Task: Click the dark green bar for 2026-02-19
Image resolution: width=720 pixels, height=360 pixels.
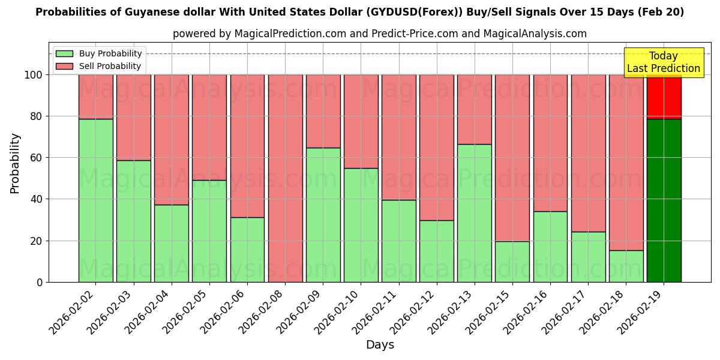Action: [664, 200]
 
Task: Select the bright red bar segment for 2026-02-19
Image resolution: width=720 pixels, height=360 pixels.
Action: [664, 97]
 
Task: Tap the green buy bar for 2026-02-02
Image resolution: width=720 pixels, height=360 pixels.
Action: [95, 200]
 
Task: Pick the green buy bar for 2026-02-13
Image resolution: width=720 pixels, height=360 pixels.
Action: [474, 213]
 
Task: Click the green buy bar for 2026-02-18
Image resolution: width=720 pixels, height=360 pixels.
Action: [626, 266]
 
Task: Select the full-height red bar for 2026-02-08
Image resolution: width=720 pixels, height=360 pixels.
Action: [285, 178]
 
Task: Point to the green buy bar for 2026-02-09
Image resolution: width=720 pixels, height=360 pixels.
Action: [323, 215]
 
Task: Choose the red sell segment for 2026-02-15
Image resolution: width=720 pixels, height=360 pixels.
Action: [512, 158]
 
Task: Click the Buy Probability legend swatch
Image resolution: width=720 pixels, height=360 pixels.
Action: [64, 54]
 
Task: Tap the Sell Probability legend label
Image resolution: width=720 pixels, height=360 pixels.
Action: [110, 67]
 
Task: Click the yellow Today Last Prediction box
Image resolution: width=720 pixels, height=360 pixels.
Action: [663, 62]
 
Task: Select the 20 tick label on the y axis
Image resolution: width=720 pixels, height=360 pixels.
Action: [36, 241]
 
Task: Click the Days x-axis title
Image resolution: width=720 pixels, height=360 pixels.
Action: [380, 345]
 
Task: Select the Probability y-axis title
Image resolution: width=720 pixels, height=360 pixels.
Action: [16, 163]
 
